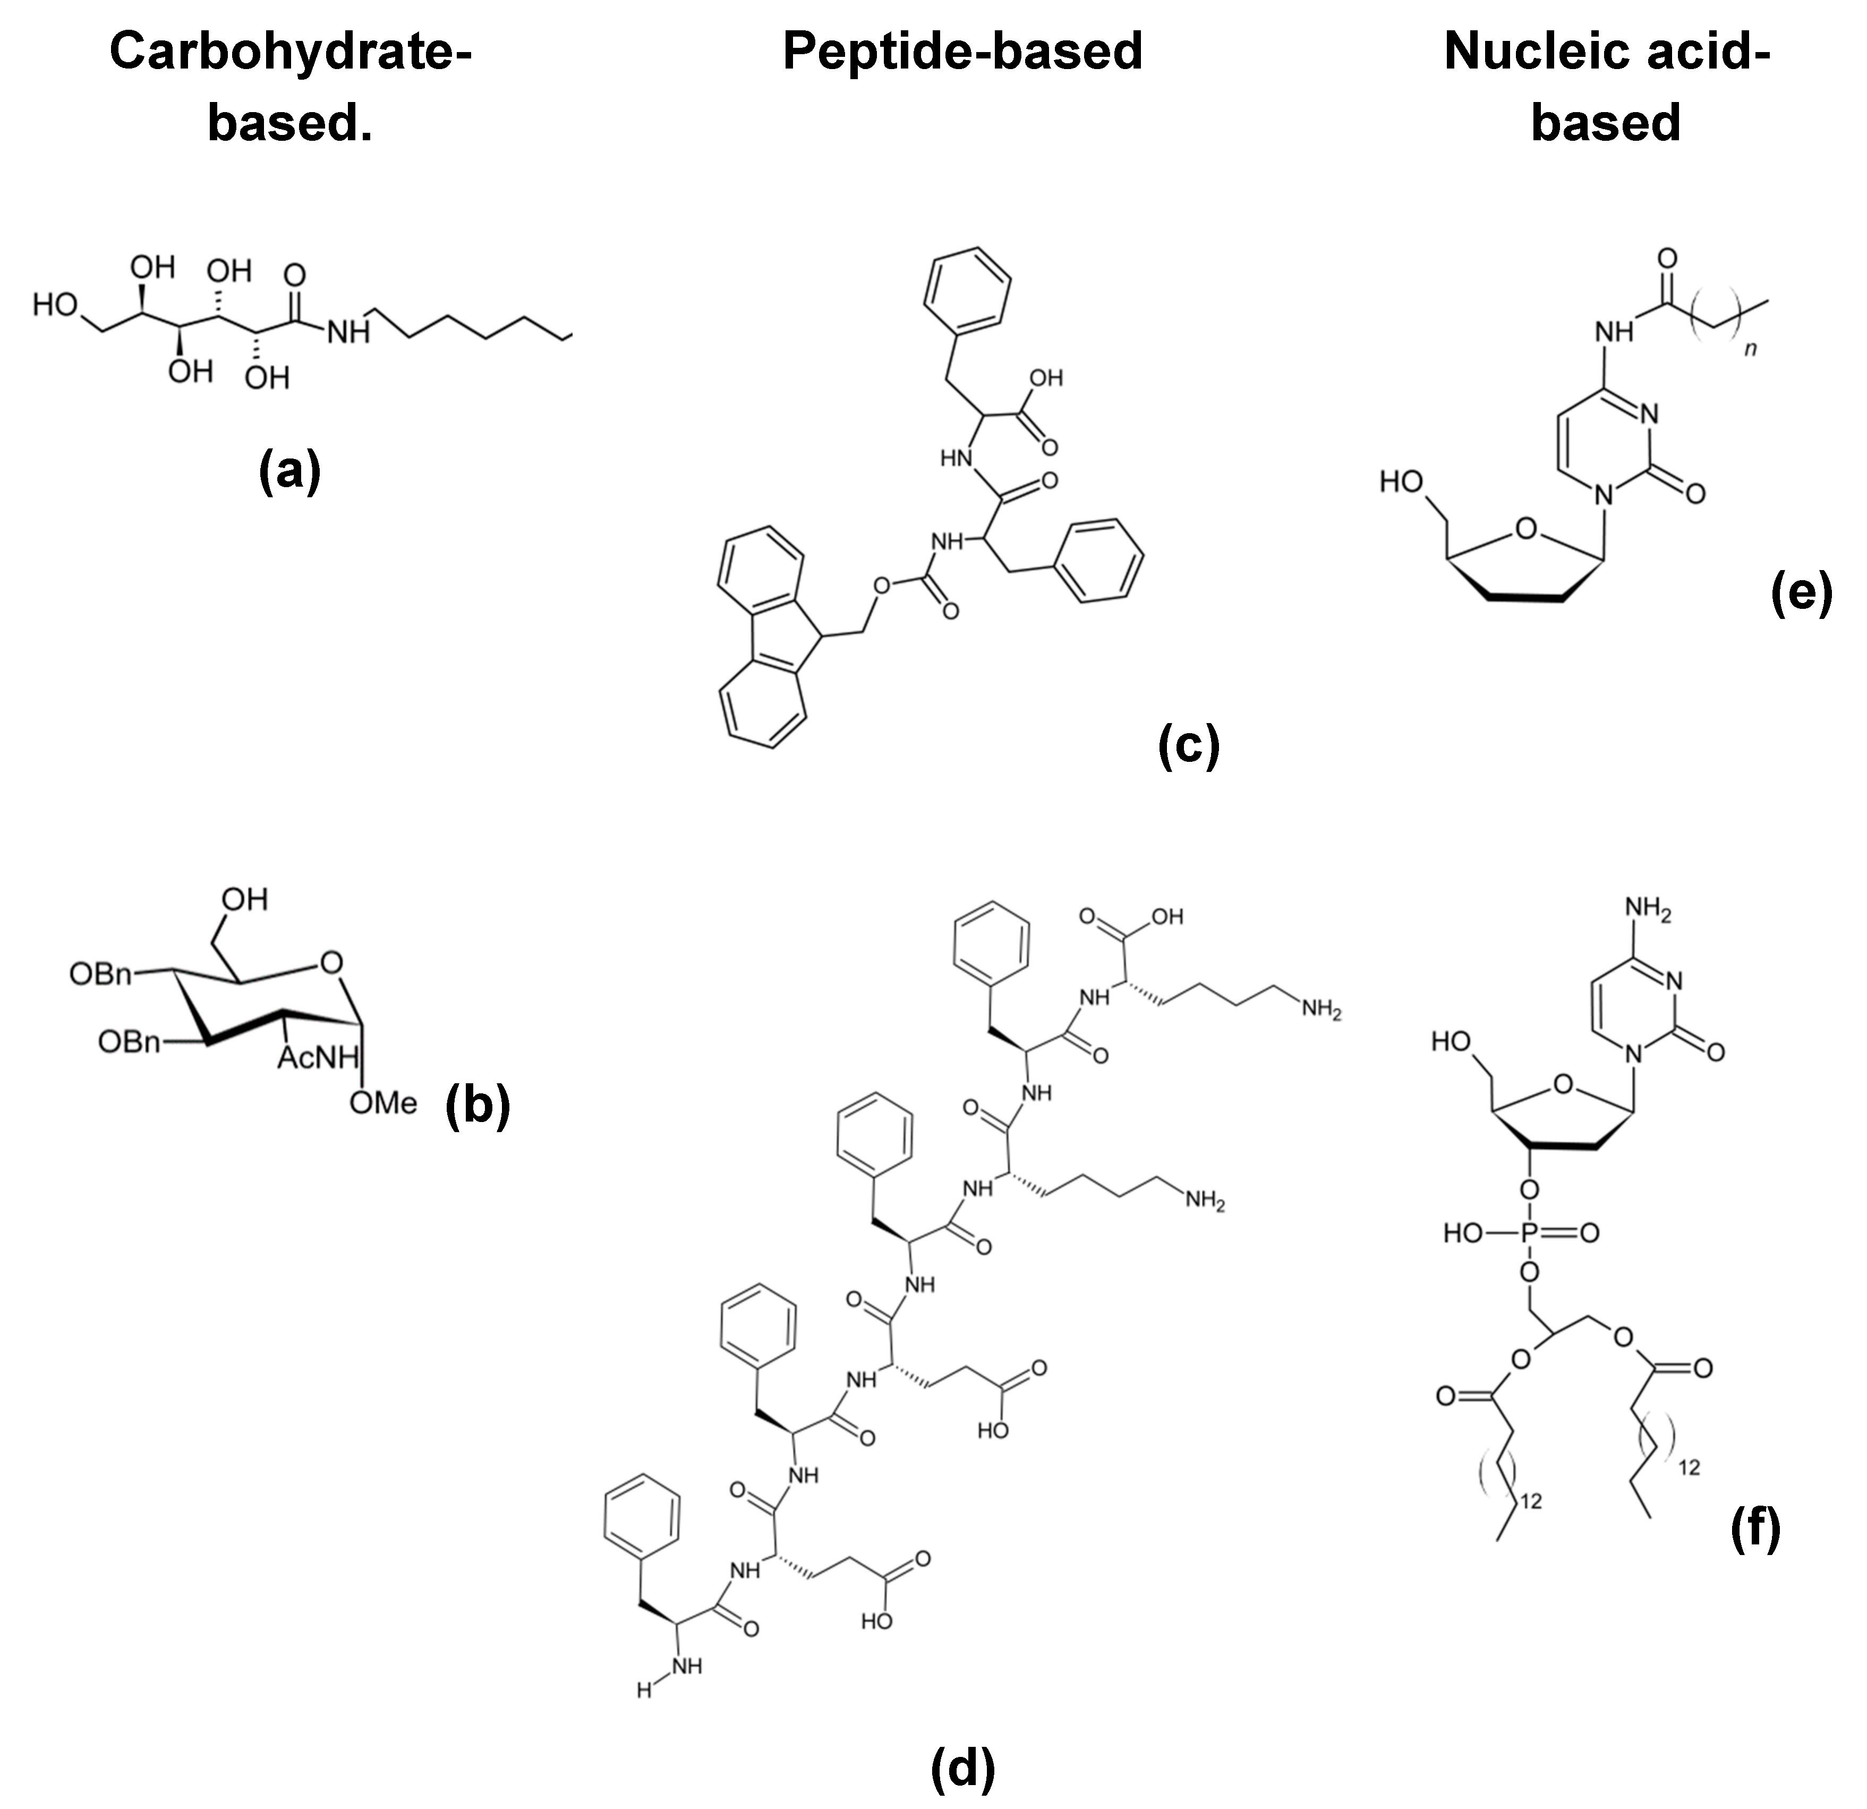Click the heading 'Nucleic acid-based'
[1606, 86]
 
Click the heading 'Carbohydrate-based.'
[291, 86]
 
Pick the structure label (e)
[1800, 592]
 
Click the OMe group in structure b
[383, 1102]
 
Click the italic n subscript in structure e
[1750, 350]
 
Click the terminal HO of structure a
[55, 305]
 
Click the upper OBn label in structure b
[100, 973]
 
